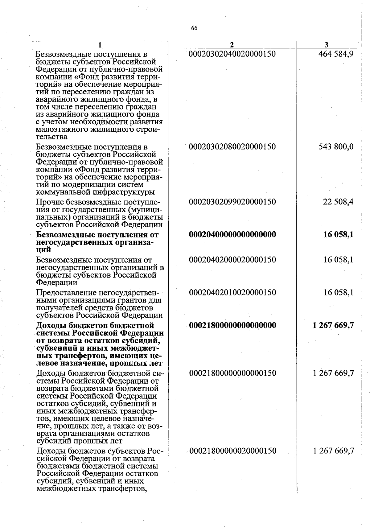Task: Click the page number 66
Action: pos(194,28)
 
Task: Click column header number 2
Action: pos(232,45)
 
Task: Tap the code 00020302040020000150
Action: pos(232,54)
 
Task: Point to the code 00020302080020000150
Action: pos(232,146)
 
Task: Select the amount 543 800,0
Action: pos(336,146)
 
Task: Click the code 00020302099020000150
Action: pos(232,202)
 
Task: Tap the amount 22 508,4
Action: pos(338,202)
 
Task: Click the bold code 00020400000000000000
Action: pos(232,235)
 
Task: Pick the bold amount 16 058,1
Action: pos(338,235)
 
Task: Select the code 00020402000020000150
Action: pos(232,260)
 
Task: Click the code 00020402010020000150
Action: pos(232,292)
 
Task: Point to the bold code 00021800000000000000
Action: pos(232,326)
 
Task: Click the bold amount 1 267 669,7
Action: pos(333,326)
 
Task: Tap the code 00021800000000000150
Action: pos(232,373)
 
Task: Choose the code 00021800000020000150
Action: pos(232,451)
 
